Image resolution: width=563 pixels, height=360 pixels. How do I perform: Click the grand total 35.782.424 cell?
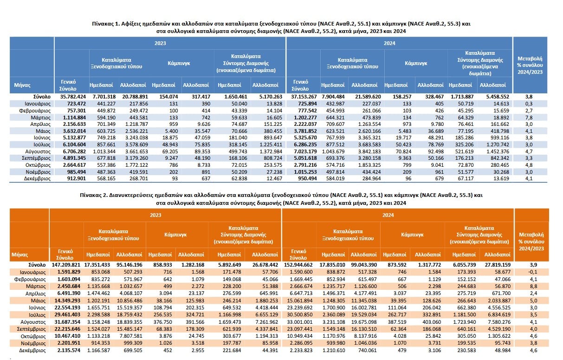coord(73,97)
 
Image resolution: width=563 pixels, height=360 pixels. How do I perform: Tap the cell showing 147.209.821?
coord(66,265)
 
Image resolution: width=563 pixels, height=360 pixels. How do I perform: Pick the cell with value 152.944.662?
coord(298,265)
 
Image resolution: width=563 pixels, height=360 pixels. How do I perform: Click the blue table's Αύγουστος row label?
coord(38,151)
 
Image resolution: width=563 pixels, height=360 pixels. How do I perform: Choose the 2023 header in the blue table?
coord(160,43)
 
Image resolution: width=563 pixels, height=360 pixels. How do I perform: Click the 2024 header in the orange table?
coord(388,215)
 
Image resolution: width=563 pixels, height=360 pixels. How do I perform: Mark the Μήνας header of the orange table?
coord(19,255)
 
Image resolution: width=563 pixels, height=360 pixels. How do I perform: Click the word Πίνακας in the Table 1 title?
coord(103,24)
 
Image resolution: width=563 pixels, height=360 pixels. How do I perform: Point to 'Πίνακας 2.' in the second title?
coord(94,195)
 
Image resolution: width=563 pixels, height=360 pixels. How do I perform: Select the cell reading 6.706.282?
coord(73,151)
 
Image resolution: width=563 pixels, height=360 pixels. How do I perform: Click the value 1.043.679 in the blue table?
coord(332,151)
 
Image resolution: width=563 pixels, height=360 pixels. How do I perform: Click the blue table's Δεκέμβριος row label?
coord(37,178)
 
